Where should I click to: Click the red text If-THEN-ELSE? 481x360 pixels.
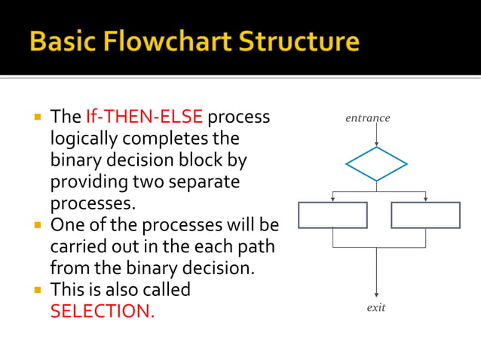click(144, 117)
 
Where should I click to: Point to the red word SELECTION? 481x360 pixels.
click(102, 311)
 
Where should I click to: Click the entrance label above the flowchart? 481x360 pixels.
click(368, 118)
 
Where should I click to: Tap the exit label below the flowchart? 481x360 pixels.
click(375, 308)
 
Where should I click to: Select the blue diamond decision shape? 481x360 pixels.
click(376, 164)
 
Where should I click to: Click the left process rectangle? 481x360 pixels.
click(332, 215)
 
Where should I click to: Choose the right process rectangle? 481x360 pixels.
click(425, 215)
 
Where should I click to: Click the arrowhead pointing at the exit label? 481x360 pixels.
click(376, 294)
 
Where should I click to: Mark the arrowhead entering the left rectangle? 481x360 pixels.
click(332, 199)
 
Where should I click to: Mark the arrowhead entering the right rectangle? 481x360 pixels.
click(425, 199)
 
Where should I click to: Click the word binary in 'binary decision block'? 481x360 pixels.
click(73, 160)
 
